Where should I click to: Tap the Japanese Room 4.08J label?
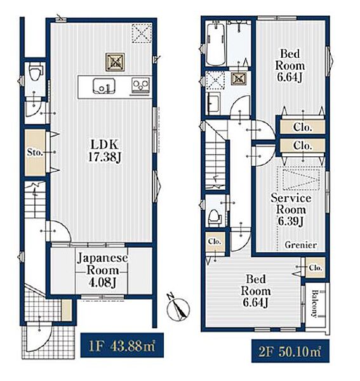coord(102,271)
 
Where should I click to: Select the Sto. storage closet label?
coord(35,152)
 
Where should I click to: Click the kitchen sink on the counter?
coord(104,86)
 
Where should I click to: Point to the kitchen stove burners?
coord(140,85)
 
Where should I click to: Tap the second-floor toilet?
coord(215,218)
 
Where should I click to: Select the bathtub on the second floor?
coord(216,43)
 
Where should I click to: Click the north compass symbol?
coord(178,308)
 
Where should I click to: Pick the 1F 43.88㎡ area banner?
coord(122,345)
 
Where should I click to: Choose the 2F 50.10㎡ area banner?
coord(290,351)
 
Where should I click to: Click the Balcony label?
coord(315,304)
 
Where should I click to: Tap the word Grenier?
coord(301,245)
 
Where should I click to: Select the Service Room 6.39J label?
coord(291,210)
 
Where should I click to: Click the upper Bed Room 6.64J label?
coord(290,65)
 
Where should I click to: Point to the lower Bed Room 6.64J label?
coord(255,291)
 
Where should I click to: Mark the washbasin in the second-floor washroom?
coord(214,103)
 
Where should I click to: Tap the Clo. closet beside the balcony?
coord(316,268)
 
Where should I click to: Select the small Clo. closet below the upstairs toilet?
coord(215,242)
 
